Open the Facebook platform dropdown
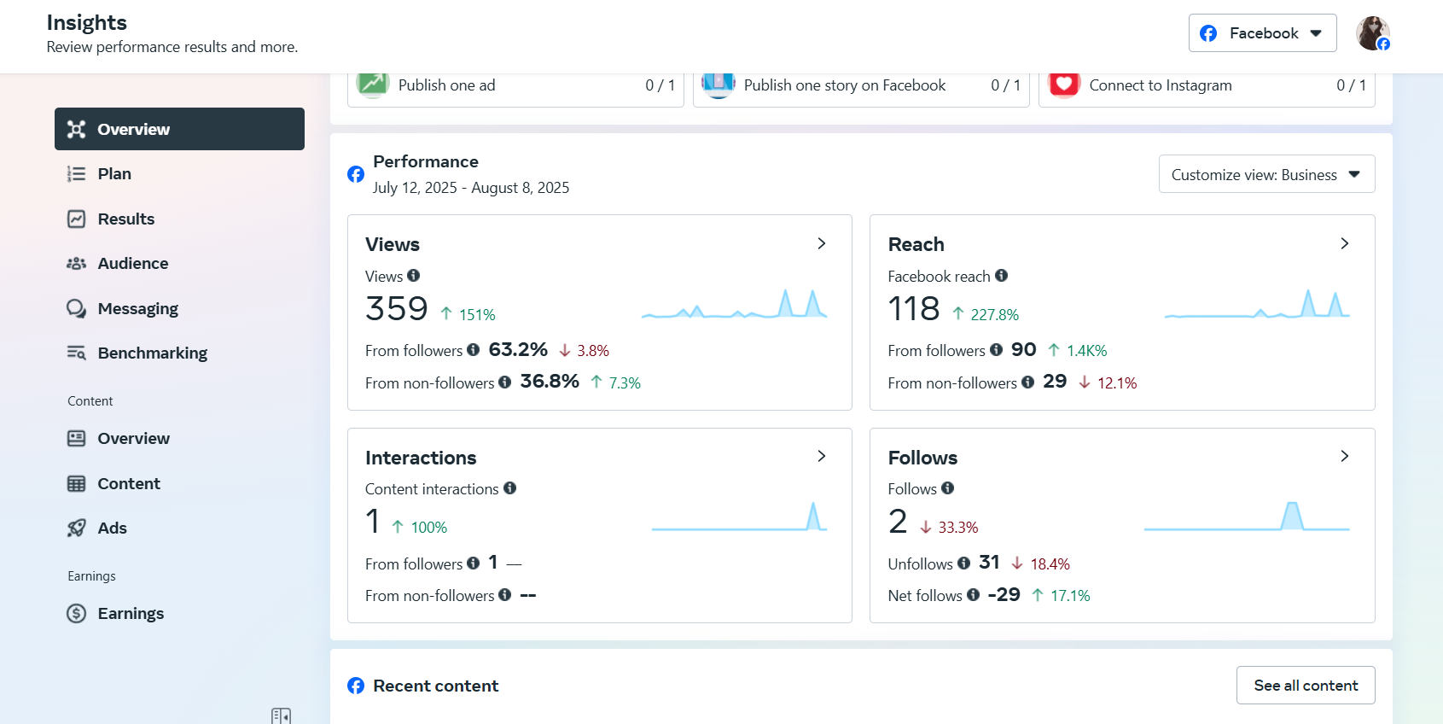[1262, 33]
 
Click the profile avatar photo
[1372, 33]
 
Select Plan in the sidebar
[114, 174]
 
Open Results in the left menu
[125, 219]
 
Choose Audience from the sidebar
[132, 264]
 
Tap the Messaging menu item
[137, 309]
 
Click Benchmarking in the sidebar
[152, 353]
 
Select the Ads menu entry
[112, 528]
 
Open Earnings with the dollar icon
[130, 614]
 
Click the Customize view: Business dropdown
[1266, 174]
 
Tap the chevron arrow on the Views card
[822, 243]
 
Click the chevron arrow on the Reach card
[1344, 243]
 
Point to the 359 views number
[397, 308]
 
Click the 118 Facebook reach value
[914, 308]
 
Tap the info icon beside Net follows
[973, 595]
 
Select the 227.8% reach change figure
[994, 315]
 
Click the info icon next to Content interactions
[509, 488]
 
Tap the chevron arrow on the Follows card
[1344, 456]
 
